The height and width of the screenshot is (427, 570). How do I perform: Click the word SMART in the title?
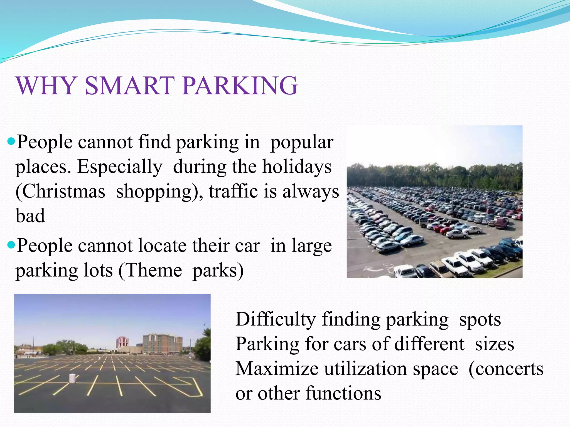tap(130, 86)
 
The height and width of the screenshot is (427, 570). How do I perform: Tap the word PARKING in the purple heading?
tap(240, 86)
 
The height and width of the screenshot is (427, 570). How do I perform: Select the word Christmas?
tap(60, 192)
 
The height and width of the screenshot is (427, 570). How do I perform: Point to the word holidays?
tap(297, 167)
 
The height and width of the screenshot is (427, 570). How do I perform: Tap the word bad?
tap(30, 216)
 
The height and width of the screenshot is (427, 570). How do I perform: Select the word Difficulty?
tap(275, 319)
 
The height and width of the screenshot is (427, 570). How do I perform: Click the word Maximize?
tap(277, 369)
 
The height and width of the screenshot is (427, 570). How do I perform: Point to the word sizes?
tap(494, 344)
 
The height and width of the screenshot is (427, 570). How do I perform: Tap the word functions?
tap(343, 393)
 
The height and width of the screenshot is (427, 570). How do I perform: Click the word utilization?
tap(365, 369)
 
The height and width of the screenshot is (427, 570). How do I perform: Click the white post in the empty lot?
tap(72, 378)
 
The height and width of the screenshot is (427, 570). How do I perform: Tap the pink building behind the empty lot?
tap(122, 342)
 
